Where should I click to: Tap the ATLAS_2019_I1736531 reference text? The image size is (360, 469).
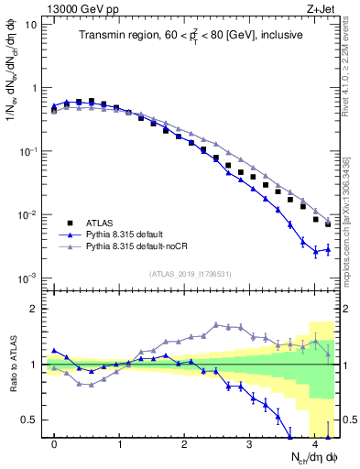(191, 274)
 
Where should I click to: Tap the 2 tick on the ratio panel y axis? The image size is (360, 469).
(36, 309)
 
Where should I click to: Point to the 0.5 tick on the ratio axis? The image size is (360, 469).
(32, 420)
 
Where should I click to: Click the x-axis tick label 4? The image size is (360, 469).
(314, 445)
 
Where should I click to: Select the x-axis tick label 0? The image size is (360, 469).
(54, 445)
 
